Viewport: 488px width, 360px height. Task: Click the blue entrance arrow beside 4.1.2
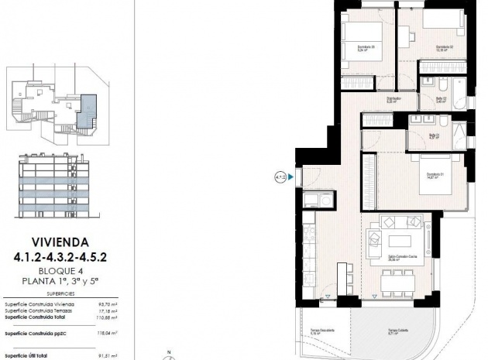pos(291,177)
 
